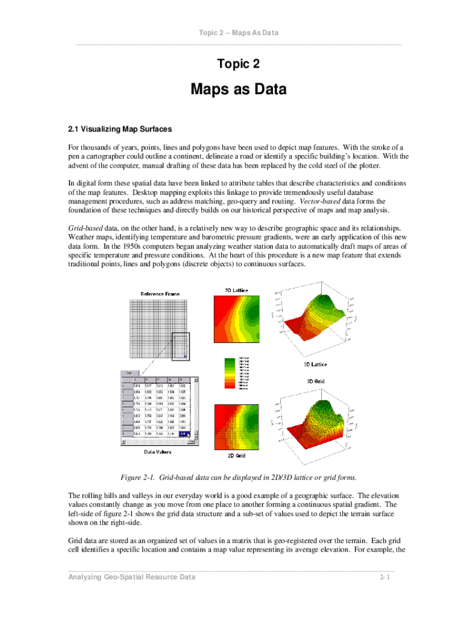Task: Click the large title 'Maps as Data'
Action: (239, 90)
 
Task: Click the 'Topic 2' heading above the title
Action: (239, 63)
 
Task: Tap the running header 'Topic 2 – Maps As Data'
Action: (239, 33)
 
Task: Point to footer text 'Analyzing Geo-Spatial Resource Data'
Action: (133, 578)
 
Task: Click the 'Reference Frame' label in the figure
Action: (160, 294)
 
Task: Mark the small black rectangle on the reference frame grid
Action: (180, 346)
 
